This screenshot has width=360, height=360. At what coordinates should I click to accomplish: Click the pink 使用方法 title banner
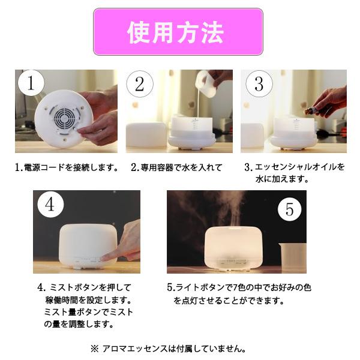pos(178,31)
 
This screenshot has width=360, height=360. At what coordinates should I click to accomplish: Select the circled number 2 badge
pos(140,84)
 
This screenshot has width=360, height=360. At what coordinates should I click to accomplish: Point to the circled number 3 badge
pos(259,84)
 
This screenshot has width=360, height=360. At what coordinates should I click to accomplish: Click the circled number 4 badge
pos(50,204)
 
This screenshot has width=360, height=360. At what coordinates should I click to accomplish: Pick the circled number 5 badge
pos(289,209)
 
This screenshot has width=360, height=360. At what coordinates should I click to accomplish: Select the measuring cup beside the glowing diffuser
pos(292,256)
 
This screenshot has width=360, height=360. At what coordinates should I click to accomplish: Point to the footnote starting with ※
pos(168,348)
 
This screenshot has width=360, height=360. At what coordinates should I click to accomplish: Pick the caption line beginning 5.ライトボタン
pos(239,287)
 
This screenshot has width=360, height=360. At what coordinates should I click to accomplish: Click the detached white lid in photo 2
pos(146,137)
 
